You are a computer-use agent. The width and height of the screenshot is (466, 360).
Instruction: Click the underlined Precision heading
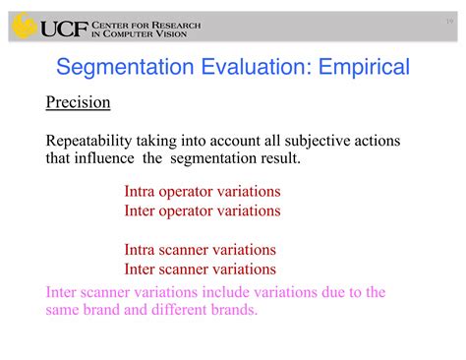(x=78, y=103)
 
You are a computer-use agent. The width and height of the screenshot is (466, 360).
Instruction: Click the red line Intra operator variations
(x=203, y=192)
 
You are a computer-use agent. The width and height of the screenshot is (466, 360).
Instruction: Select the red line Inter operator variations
(x=203, y=210)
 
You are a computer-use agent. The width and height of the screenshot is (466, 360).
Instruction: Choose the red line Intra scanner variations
(x=200, y=250)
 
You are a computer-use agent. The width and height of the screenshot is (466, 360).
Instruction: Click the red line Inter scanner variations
(x=200, y=269)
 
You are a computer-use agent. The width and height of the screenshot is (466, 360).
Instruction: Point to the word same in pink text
(x=64, y=310)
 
